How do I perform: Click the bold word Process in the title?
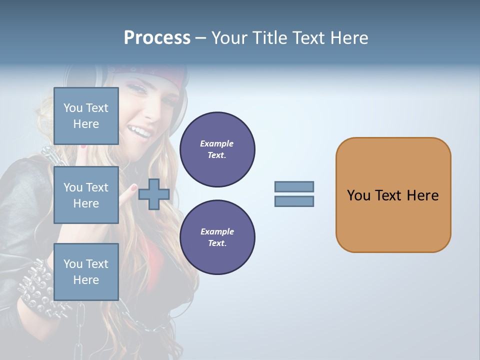pos(157,38)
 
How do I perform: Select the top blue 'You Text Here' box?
pos(86,116)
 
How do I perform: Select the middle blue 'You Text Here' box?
pos(86,195)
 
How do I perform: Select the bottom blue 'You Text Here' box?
pos(86,271)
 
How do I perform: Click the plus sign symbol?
pos(153,194)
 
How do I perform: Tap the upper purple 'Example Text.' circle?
pos(217,149)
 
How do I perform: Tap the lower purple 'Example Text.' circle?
pos(217,237)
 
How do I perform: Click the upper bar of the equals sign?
pos(294,186)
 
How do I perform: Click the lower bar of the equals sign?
pos(294,201)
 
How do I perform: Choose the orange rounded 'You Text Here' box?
pos(393,195)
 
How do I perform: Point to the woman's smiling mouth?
pos(140,132)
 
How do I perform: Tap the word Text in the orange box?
pos(388,195)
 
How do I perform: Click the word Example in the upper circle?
pos(217,143)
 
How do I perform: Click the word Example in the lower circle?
pos(217,231)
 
